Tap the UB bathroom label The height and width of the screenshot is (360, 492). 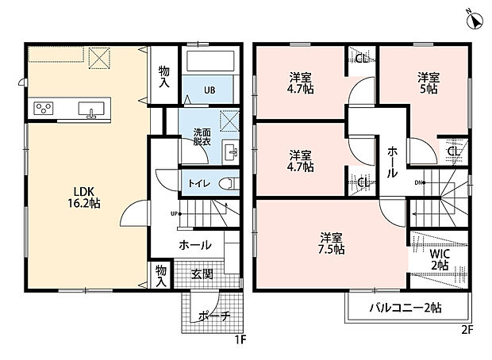209,89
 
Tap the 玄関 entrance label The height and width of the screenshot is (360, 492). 202,274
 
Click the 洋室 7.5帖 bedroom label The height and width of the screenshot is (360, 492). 332,243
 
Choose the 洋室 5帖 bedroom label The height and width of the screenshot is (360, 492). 429,84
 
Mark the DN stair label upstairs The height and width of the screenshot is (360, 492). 419,183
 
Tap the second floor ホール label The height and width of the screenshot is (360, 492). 391,161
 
